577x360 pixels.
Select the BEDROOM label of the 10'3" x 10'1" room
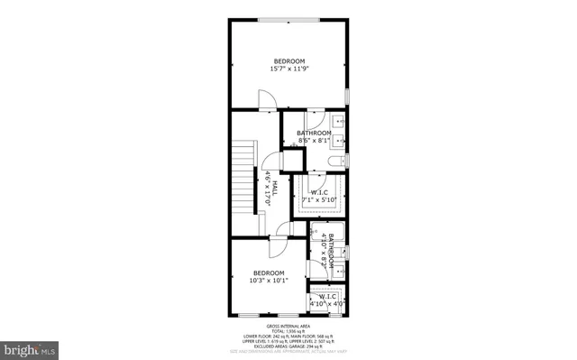269,273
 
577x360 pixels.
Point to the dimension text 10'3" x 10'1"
269,281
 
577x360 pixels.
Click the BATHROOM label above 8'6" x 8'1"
314,134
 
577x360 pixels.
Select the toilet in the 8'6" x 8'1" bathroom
336,162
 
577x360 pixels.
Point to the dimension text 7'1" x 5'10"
319,199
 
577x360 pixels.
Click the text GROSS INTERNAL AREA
288,326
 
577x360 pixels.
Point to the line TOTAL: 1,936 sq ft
288,331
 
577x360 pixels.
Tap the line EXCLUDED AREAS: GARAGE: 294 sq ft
288,346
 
